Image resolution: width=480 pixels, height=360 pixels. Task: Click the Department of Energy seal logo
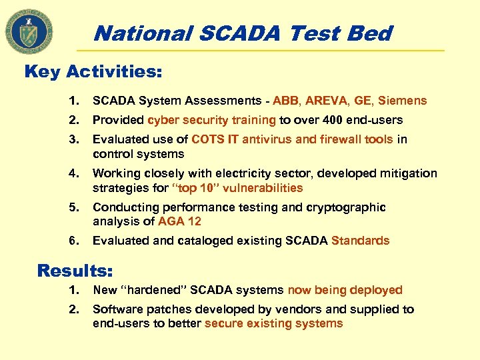tap(29, 30)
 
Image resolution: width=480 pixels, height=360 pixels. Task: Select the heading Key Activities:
tap(93, 71)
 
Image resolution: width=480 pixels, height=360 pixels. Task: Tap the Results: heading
tap(75, 271)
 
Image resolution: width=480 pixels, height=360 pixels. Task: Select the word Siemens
tap(402, 101)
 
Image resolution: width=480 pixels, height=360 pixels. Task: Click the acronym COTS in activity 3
tap(207, 139)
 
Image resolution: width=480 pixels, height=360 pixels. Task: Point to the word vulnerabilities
tap(262, 188)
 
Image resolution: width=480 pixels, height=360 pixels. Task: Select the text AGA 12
tap(179, 221)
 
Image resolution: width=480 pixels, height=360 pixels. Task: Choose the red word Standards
tap(360, 241)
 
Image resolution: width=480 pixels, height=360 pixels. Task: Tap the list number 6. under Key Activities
tap(73, 241)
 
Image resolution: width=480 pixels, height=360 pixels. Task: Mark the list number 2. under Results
tap(73, 309)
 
